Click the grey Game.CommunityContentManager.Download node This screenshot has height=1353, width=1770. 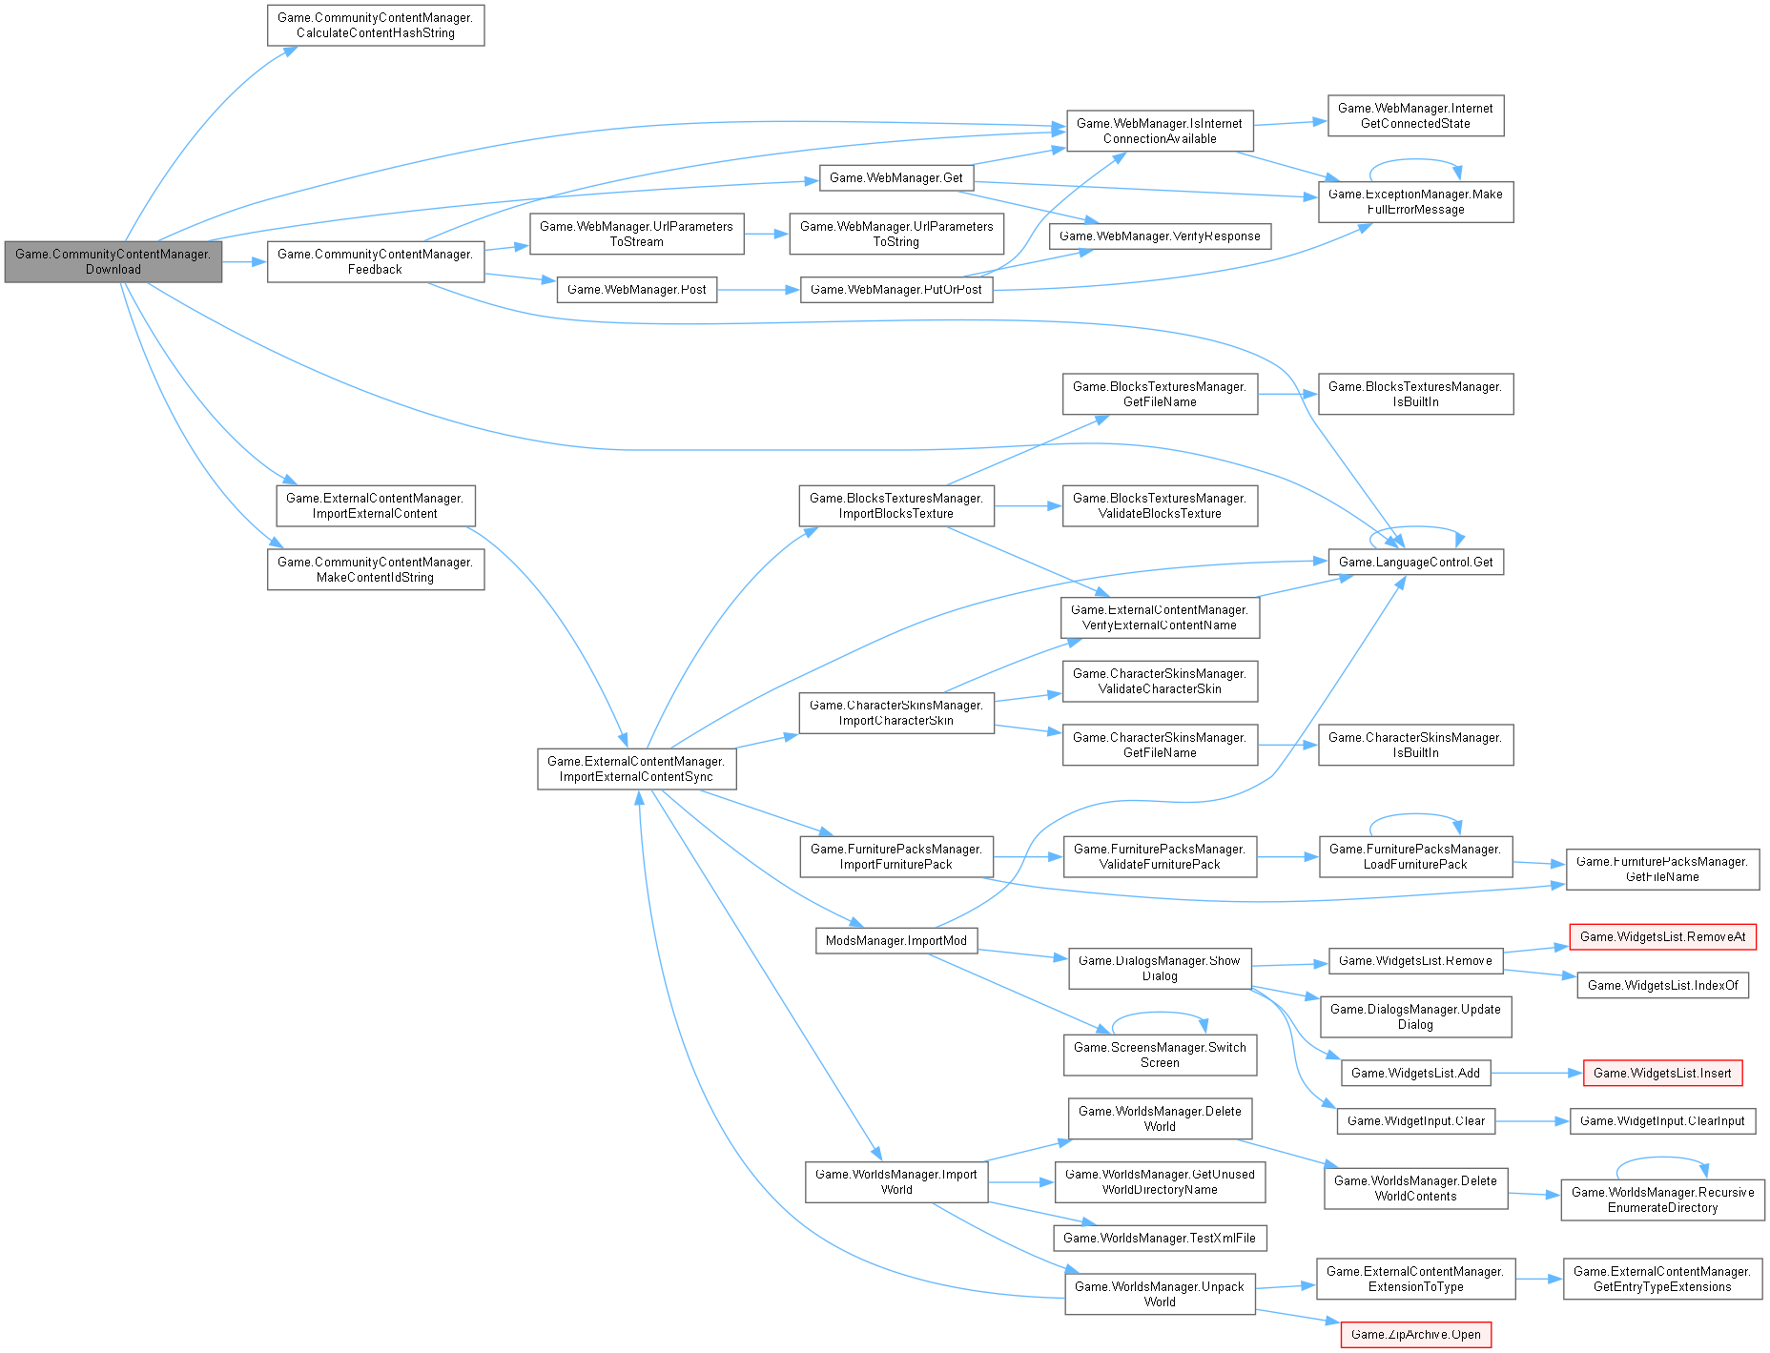pyautogui.click(x=113, y=261)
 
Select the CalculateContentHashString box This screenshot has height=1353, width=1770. pyautogui.click(x=375, y=25)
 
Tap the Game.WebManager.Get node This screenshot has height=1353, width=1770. pyautogui.click(x=895, y=177)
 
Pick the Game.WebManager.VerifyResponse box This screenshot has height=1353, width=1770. pyautogui.click(x=1160, y=236)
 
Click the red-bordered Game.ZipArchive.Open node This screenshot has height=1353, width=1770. pyautogui.click(x=1415, y=1334)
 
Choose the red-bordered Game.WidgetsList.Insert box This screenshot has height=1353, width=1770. pyautogui.click(x=1661, y=1073)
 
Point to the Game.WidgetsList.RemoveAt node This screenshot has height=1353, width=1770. pyautogui.click(x=1662, y=936)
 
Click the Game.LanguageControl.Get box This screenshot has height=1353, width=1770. pyautogui.click(x=1415, y=562)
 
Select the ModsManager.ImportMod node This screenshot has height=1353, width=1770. pyautogui.click(x=895, y=940)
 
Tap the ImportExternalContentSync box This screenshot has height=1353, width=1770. pyautogui.click(x=636, y=769)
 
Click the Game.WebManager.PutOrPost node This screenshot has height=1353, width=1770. pyautogui.click(x=895, y=289)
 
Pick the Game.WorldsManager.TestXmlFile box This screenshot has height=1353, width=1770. pyautogui.click(x=1159, y=1238)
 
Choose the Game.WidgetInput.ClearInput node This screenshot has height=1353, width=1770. pyautogui.click(x=1661, y=1120)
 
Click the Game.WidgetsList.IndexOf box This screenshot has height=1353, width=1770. pyautogui.click(x=1662, y=985)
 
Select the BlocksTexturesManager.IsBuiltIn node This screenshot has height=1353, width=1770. pyautogui.click(x=1415, y=394)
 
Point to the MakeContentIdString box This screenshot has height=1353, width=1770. pyautogui.click(x=375, y=569)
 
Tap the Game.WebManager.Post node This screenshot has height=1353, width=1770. pyautogui.click(x=636, y=289)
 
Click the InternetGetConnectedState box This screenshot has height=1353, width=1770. pyautogui.click(x=1415, y=115)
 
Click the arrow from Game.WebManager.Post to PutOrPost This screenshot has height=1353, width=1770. pyautogui.click(x=758, y=289)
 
